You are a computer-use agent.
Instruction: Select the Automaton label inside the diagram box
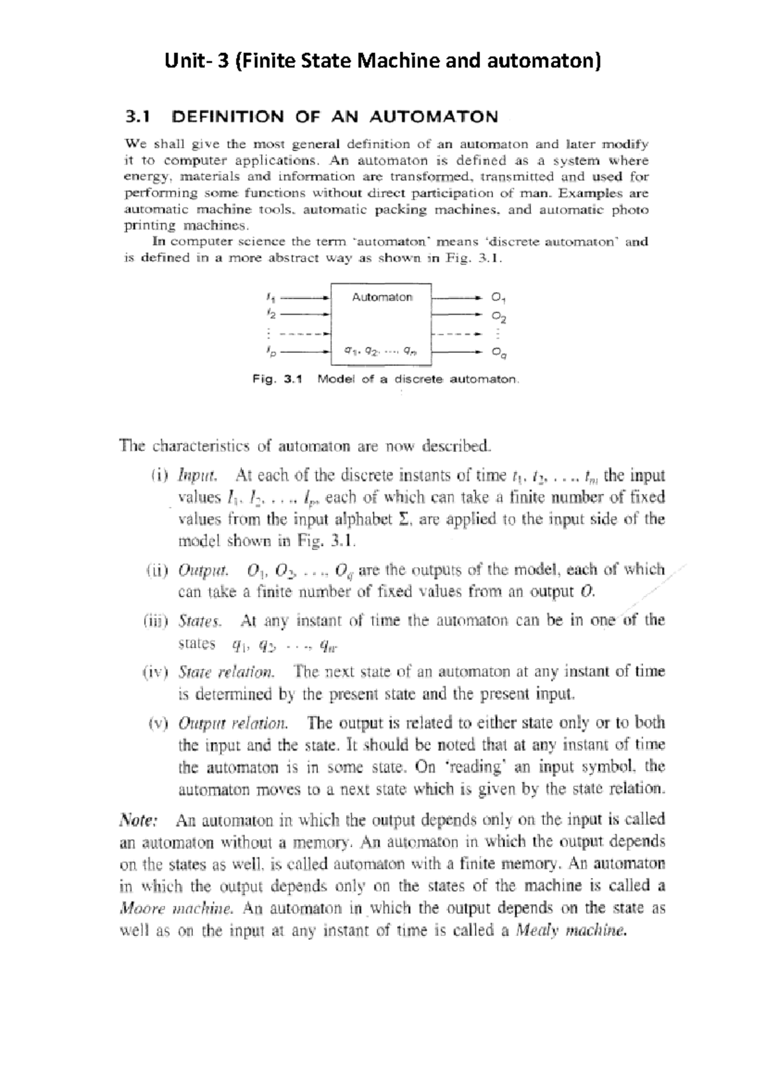(382, 297)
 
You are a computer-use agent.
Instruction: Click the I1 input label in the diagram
(270, 297)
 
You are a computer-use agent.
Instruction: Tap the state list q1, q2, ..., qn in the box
(380, 350)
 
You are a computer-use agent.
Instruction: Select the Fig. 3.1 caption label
(276, 379)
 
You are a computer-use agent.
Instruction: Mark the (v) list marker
(158, 723)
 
